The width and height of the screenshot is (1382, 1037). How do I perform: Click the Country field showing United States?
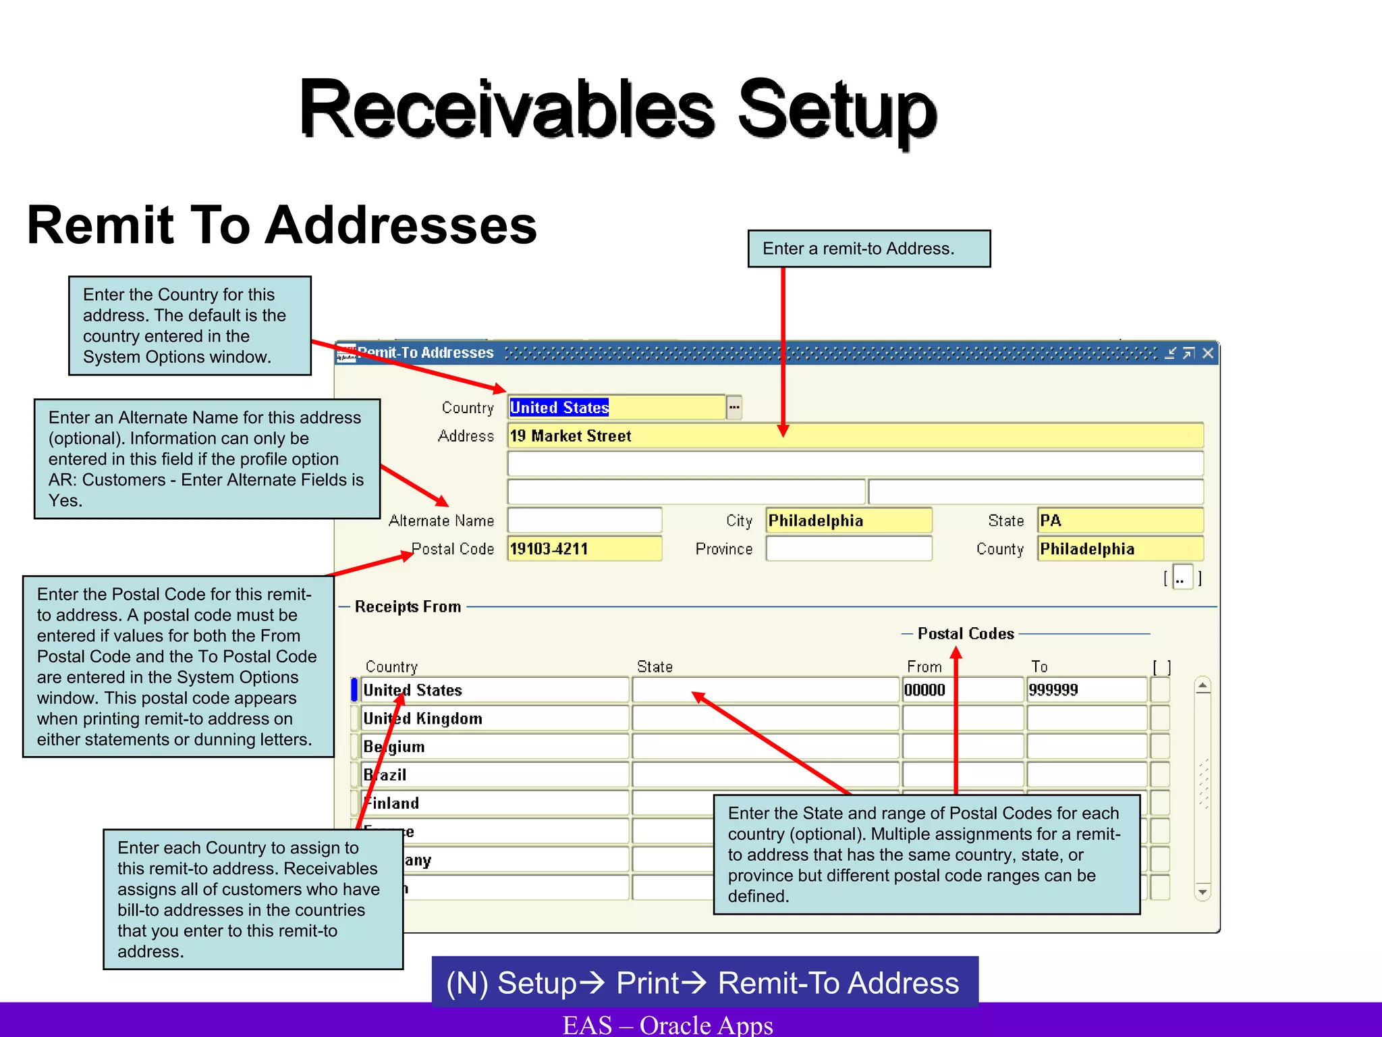point(615,408)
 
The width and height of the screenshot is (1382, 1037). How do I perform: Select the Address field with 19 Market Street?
point(855,436)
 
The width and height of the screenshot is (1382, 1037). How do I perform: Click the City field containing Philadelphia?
point(849,521)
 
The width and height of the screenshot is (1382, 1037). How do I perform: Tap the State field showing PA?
point(1120,521)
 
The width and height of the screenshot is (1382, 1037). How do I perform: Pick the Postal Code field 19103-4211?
point(584,549)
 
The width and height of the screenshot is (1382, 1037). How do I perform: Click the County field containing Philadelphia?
point(1120,549)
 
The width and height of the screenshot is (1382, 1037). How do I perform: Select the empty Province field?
point(849,549)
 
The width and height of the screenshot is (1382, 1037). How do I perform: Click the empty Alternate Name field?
point(584,521)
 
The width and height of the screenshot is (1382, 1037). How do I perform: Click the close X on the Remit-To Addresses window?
point(1208,353)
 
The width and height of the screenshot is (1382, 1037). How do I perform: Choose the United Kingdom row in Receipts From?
point(494,718)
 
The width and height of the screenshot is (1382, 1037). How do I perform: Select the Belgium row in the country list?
point(494,747)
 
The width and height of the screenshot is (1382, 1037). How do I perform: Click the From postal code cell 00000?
point(962,690)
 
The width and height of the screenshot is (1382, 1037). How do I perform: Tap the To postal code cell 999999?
point(1086,690)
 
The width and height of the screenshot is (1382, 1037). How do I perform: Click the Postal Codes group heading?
point(966,634)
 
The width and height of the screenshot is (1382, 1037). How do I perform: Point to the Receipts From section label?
point(408,607)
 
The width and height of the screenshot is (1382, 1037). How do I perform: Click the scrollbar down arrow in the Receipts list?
point(1203,892)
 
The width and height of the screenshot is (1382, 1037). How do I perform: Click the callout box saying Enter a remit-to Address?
point(869,249)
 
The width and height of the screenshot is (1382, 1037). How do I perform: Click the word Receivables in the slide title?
point(506,109)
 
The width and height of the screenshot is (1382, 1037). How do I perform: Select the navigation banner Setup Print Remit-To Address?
point(704,982)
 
